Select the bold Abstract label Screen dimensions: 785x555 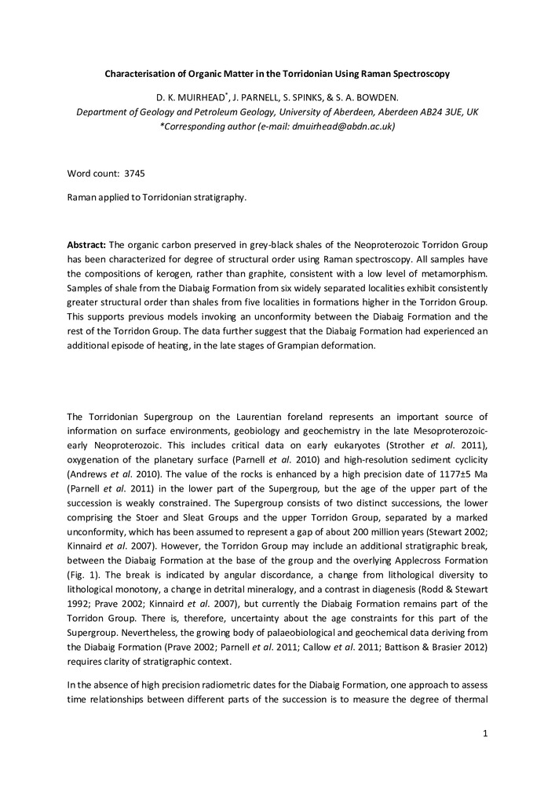point(86,244)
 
